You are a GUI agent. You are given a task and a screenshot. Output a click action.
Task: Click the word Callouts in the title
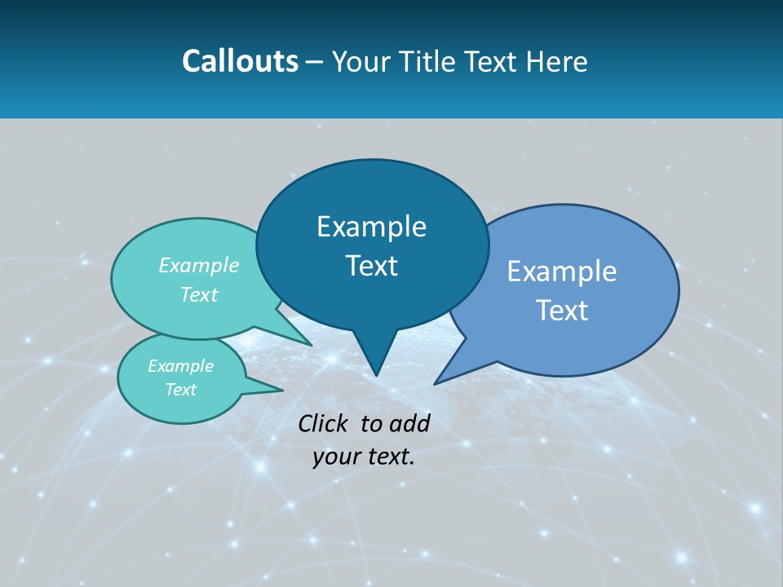click(241, 61)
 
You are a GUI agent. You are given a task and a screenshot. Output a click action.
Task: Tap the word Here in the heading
click(556, 61)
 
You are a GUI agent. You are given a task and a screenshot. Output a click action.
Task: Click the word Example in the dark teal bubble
click(371, 227)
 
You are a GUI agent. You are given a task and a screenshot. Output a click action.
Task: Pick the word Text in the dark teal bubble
click(371, 266)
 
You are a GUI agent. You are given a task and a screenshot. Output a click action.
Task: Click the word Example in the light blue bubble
click(562, 271)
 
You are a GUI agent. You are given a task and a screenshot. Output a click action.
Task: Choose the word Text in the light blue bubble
click(562, 311)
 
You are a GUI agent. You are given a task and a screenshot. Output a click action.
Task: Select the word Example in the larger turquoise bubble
click(199, 265)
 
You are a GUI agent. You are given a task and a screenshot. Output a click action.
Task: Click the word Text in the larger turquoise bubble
click(199, 294)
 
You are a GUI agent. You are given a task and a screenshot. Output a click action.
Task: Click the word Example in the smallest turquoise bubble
click(180, 366)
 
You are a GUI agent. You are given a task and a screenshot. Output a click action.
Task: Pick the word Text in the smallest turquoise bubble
click(180, 390)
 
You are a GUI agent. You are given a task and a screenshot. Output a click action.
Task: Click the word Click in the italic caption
click(325, 423)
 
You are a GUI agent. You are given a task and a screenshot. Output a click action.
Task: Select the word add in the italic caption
click(410, 423)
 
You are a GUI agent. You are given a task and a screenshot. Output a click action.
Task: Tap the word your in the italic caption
click(336, 457)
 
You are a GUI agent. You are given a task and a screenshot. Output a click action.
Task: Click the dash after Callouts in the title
click(315, 62)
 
